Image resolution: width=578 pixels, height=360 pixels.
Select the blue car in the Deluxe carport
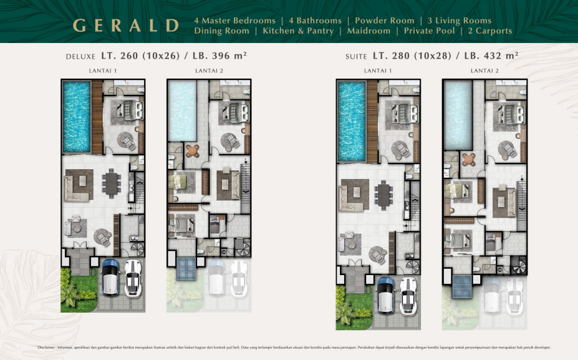(110, 276)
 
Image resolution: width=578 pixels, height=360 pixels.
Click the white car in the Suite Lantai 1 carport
(408, 294)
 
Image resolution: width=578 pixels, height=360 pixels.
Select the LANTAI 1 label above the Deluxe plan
(103, 71)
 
